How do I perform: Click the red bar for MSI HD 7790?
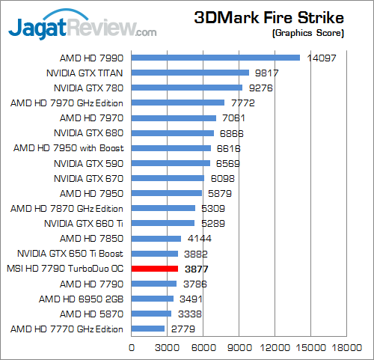point(155,269)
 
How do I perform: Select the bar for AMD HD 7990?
point(215,58)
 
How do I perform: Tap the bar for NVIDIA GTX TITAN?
point(190,73)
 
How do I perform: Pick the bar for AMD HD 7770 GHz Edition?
point(148,329)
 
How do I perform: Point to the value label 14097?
point(322,58)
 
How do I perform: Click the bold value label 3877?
point(197,269)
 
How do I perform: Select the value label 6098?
point(223,179)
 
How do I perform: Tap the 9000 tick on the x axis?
point(239,347)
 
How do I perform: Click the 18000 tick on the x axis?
point(347,347)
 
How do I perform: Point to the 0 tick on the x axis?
point(132,347)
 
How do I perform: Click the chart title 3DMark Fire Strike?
point(269,18)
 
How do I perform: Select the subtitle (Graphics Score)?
point(308,33)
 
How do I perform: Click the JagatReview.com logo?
point(82,25)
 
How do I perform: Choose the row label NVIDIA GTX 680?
point(89,133)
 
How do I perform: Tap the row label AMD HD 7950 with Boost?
point(69,148)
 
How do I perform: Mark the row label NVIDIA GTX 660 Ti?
point(84,224)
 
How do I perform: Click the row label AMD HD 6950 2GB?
point(82,299)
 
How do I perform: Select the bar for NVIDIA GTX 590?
point(171,163)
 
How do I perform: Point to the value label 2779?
point(183,329)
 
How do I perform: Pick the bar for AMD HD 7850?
point(156,239)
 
